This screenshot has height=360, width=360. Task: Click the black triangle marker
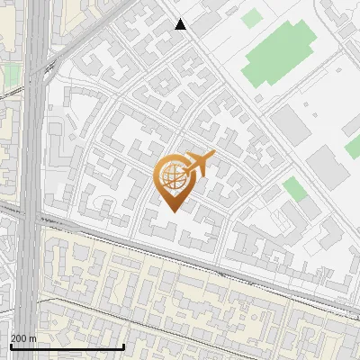coord(181,25)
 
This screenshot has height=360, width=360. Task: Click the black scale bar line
coord(67,346)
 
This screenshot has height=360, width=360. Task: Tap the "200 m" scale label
coord(23,338)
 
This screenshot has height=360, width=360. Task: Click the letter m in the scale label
coord(32,338)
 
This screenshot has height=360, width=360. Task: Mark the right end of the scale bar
coord(123,346)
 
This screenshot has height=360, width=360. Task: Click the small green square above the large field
coord(253,17)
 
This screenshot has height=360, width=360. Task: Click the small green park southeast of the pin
coord(294,189)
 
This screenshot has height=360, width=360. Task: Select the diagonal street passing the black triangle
coord(225,72)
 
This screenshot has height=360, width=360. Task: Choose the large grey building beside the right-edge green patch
coord(325,167)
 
